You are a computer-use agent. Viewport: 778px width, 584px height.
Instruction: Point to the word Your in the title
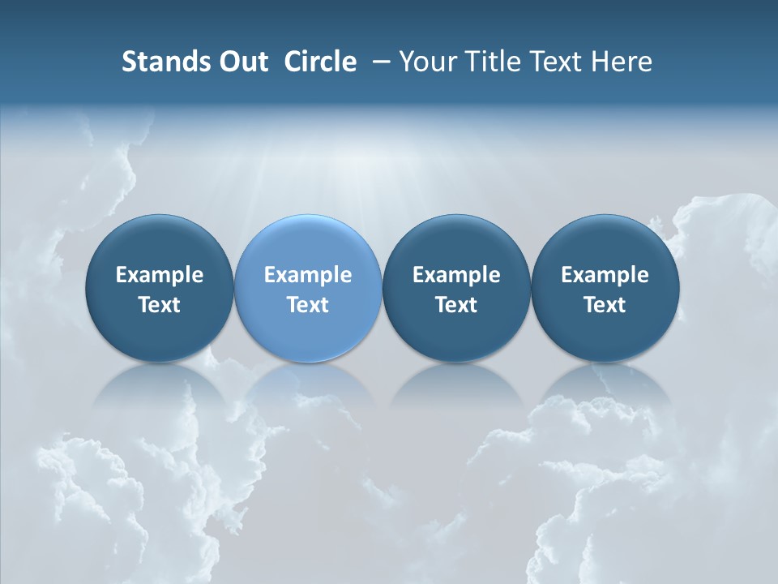pyautogui.click(x=427, y=62)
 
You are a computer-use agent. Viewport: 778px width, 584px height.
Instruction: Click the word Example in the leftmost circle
pyautogui.click(x=159, y=275)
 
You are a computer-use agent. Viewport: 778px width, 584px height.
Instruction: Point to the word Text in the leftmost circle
pyautogui.click(x=159, y=305)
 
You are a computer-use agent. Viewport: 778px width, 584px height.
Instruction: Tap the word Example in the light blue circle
pyautogui.click(x=308, y=275)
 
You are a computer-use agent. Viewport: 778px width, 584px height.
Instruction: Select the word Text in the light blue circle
pyautogui.click(x=308, y=305)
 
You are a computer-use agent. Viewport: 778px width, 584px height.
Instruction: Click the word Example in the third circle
pyautogui.click(x=456, y=275)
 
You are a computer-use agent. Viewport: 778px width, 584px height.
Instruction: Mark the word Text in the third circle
pyautogui.click(x=456, y=305)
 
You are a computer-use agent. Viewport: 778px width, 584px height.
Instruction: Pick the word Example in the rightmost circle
pyautogui.click(x=605, y=275)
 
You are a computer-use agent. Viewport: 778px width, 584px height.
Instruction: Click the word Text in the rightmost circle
pyautogui.click(x=605, y=305)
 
